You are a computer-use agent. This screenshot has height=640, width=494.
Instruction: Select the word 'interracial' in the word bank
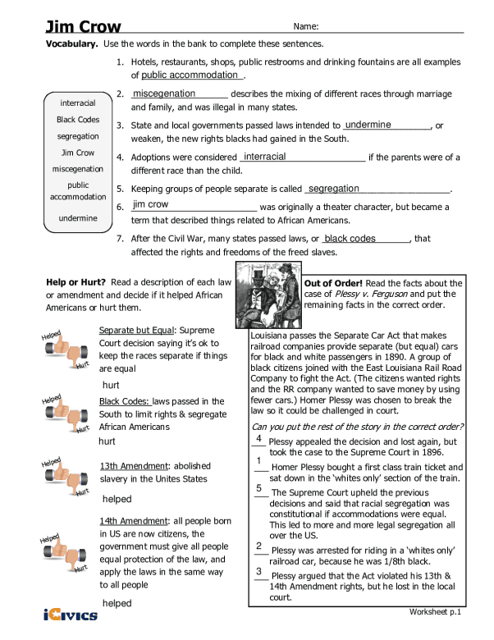pos(78,103)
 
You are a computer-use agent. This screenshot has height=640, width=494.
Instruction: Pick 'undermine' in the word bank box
pos(78,218)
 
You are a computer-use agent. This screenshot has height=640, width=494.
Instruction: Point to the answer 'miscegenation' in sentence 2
pos(164,94)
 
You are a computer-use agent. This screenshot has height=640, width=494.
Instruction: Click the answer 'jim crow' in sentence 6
pos(150,204)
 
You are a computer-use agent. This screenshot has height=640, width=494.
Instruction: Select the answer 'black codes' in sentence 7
pos(350,239)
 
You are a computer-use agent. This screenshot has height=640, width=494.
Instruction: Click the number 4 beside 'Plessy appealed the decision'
pos(258,439)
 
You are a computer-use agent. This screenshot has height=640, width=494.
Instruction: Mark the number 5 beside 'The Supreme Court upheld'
pos(258,488)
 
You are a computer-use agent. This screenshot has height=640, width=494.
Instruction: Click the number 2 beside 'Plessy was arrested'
pos(258,546)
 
